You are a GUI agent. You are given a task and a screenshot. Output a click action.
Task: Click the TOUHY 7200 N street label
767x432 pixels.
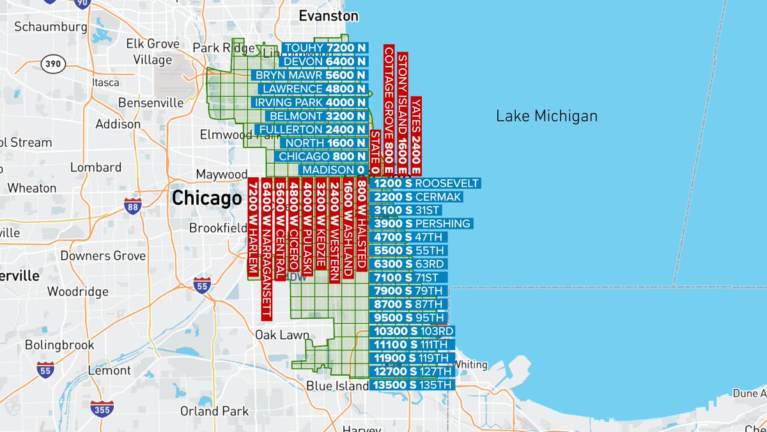(x=325, y=48)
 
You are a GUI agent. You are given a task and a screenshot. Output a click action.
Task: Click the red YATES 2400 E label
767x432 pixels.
(x=416, y=135)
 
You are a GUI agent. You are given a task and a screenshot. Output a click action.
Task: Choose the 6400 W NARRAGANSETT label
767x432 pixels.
(x=267, y=250)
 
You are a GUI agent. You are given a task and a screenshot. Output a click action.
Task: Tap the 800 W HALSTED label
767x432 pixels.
(x=362, y=224)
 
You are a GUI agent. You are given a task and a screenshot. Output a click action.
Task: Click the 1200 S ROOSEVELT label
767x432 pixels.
(x=425, y=184)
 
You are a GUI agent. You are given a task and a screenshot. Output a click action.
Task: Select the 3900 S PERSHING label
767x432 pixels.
(x=421, y=224)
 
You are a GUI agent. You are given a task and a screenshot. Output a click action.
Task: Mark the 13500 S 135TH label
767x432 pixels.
(x=412, y=385)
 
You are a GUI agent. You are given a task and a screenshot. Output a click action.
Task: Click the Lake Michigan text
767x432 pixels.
(x=546, y=116)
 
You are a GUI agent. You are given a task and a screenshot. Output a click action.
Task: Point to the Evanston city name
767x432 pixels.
(x=329, y=15)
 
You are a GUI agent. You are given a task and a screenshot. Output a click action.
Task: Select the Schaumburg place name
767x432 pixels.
(x=50, y=27)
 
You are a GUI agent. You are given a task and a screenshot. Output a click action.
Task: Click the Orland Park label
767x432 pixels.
(x=213, y=411)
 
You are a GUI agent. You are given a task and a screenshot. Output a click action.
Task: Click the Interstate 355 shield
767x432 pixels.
(x=102, y=407)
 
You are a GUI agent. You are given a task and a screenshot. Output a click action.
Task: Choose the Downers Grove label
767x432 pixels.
(x=103, y=256)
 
